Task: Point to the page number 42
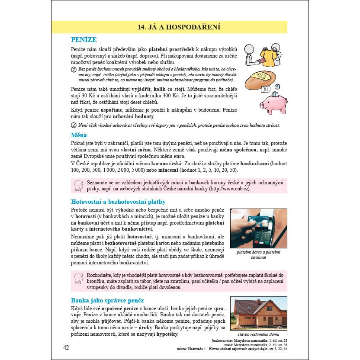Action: coord(66,347)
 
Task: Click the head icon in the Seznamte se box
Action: coord(79,186)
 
